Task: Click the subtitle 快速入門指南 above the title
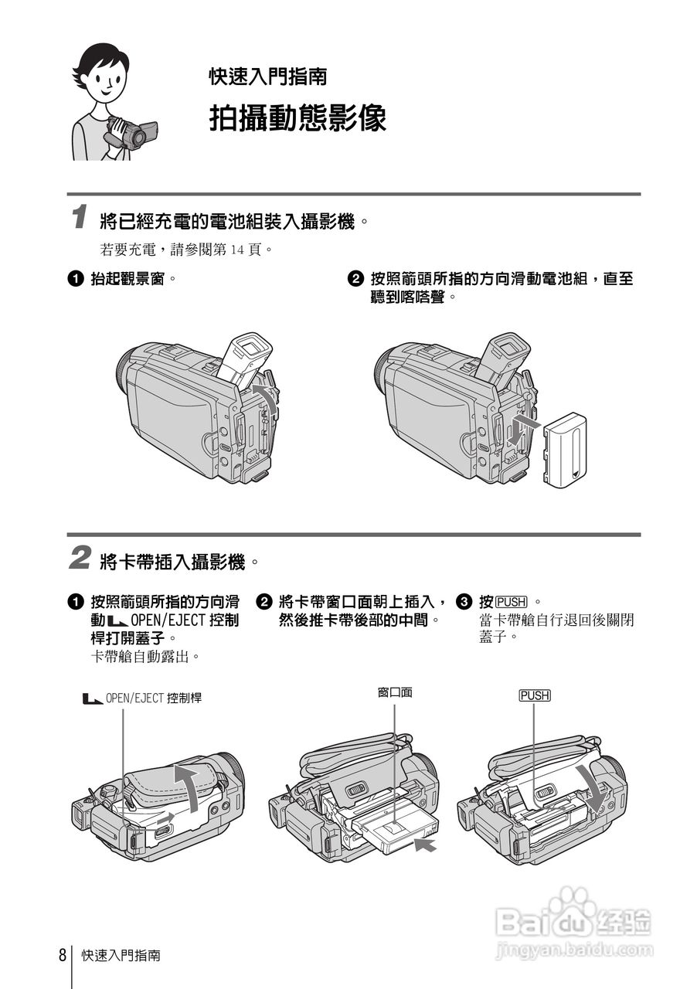tap(267, 76)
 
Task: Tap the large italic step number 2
tap(79, 558)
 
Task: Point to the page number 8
tap(62, 954)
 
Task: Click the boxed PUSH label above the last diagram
tap(534, 695)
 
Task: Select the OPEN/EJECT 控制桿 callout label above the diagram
tap(142, 698)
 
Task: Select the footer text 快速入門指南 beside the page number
tap(121, 955)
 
